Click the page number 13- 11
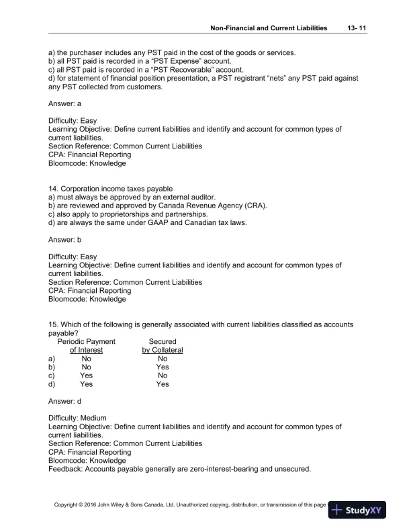pyautogui.click(x=354, y=28)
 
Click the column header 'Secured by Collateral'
pyautogui.click(x=163, y=346)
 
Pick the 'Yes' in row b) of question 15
pyautogui.click(x=163, y=367)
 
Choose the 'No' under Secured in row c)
pyautogui.click(x=163, y=376)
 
